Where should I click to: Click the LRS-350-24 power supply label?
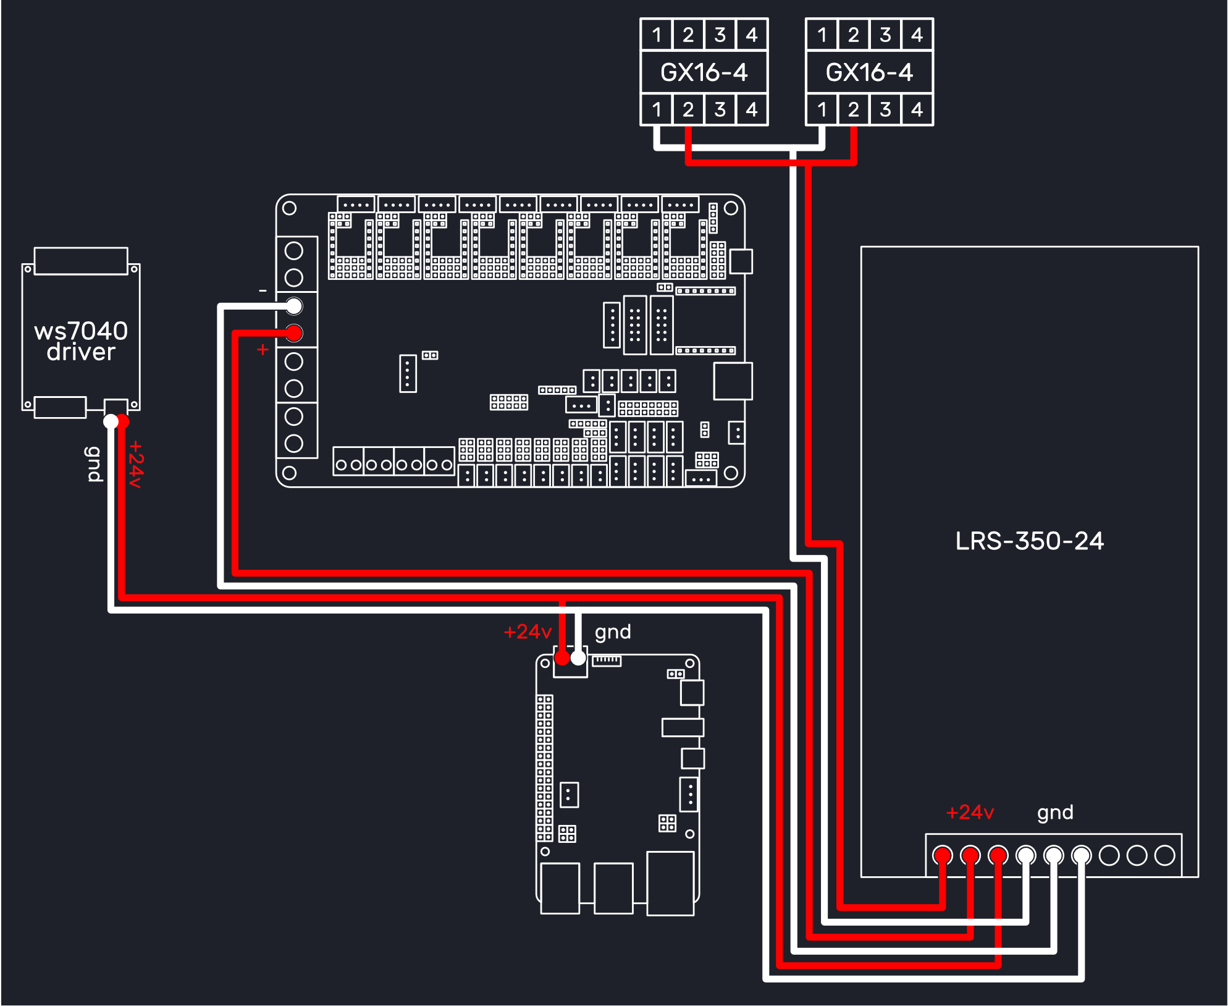tap(1029, 541)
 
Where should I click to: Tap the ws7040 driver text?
tap(81, 341)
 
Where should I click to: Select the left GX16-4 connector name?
tap(704, 72)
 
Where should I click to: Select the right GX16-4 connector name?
tap(869, 72)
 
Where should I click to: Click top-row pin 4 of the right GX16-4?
tap(917, 35)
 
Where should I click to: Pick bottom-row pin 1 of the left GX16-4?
tap(657, 109)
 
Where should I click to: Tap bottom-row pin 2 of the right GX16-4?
tap(853, 109)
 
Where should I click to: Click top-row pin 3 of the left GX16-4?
tap(720, 35)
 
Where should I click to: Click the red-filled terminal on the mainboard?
tap(294, 333)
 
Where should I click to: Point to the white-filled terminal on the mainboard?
tap(294, 306)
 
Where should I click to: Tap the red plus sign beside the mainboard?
tap(263, 350)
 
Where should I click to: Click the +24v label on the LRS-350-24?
tap(970, 812)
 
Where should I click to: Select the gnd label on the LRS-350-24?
tap(1055, 813)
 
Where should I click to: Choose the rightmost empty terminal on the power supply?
tap(1164, 855)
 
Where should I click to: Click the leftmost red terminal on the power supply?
tap(943, 855)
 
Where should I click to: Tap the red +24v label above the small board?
tap(528, 632)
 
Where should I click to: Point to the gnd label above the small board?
tap(613, 632)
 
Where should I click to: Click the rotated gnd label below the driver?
tap(93, 463)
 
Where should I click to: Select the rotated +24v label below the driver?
tap(136, 465)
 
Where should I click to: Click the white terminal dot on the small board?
tap(578, 658)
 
